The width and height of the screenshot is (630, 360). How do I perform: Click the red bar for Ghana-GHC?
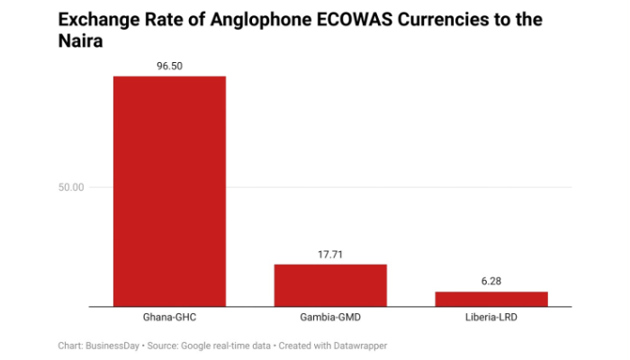click(169, 191)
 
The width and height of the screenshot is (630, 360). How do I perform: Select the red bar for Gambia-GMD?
click(330, 285)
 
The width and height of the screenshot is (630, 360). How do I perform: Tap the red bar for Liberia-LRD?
click(491, 299)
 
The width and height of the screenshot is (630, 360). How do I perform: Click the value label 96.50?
click(169, 66)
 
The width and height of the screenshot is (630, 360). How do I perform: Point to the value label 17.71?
click(330, 255)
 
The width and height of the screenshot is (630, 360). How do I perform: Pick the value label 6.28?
click(491, 281)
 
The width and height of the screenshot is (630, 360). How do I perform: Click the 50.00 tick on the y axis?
click(72, 187)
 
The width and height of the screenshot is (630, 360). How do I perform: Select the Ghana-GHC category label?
click(169, 319)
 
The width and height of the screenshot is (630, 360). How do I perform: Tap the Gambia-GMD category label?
click(330, 319)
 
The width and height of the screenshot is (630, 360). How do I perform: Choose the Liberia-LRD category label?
click(491, 319)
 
